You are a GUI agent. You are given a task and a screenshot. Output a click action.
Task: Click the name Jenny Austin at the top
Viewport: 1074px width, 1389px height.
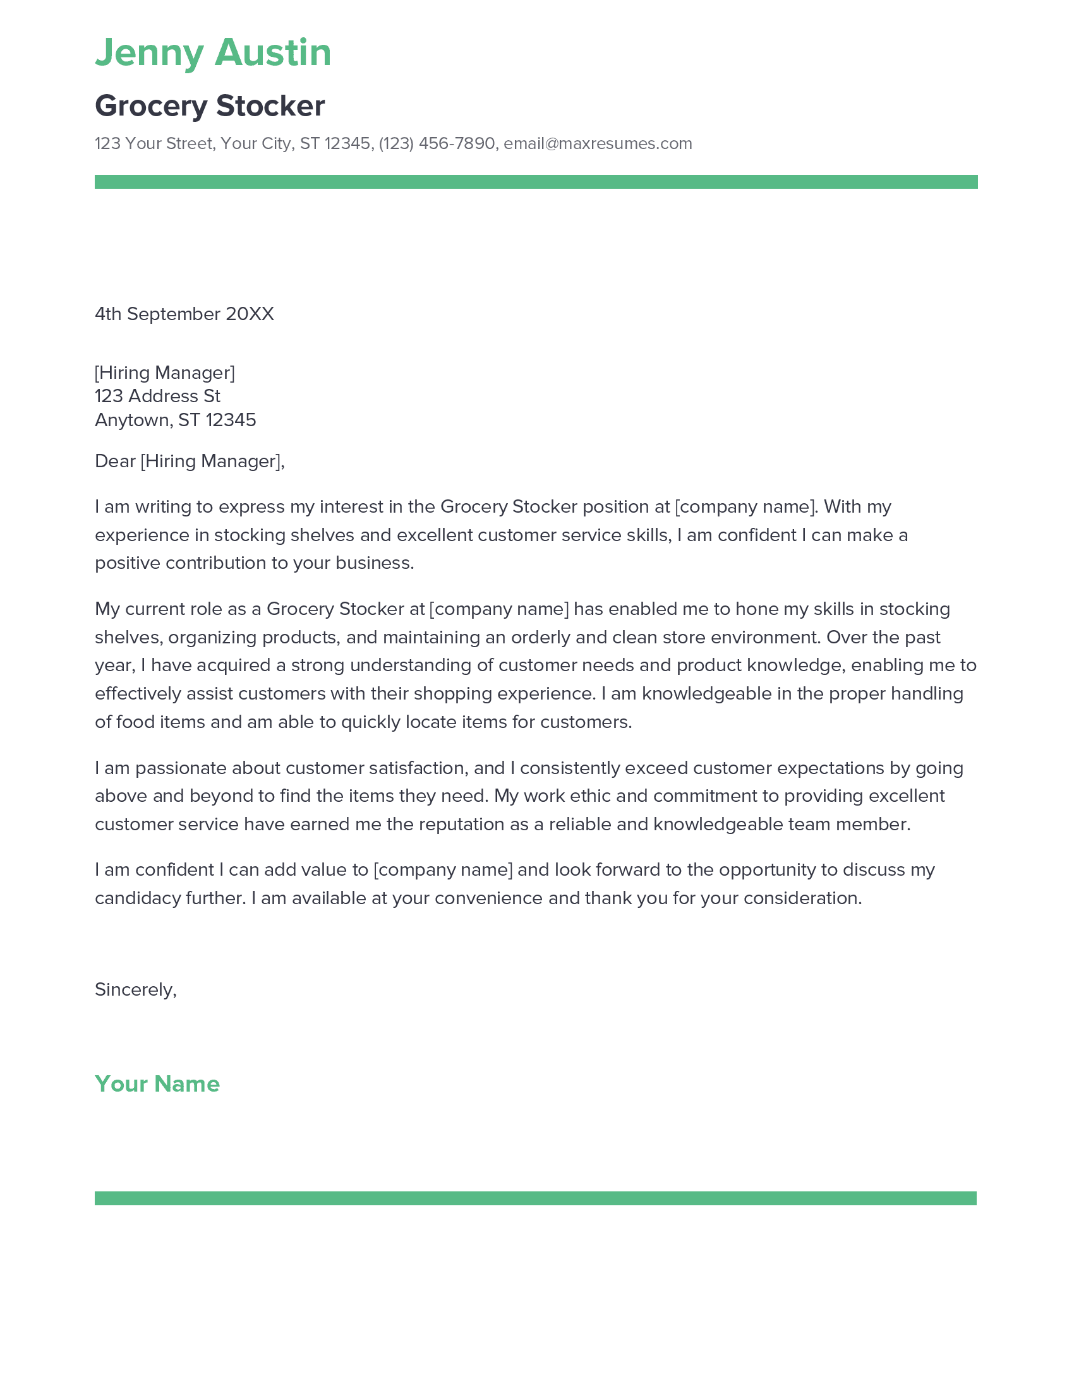(x=212, y=52)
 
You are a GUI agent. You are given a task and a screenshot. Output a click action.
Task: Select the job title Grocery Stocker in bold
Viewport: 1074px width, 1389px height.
(x=209, y=105)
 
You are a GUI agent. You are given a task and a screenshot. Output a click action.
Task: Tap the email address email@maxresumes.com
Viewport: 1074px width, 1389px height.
(x=598, y=143)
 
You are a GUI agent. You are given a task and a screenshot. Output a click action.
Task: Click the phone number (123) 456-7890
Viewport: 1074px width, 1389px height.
(x=437, y=143)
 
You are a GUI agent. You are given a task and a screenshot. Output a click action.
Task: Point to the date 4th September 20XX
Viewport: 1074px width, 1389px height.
(x=184, y=314)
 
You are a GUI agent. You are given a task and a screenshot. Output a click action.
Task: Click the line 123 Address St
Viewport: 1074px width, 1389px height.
(x=157, y=396)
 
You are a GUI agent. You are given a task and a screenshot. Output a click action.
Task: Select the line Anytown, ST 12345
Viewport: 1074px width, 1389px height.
(x=175, y=420)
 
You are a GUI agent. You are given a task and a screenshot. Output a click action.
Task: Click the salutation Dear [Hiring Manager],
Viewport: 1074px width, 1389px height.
(x=189, y=460)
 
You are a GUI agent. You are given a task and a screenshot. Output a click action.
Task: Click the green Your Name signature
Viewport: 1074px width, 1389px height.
(x=157, y=1083)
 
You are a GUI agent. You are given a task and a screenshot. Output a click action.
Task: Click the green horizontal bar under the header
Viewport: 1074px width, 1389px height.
(x=536, y=182)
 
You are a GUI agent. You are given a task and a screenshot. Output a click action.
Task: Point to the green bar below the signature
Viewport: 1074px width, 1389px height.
(x=535, y=1198)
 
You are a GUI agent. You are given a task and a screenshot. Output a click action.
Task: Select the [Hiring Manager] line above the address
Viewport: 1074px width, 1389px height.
(x=164, y=372)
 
